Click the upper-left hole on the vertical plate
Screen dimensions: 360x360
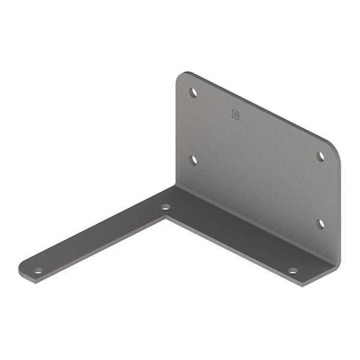pyautogui.click(x=193, y=92)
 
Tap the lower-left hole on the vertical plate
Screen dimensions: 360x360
pyautogui.click(x=192, y=158)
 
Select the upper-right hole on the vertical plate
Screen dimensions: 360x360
pyautogui.click(x=321, y=156)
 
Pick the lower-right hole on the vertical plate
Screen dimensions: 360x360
pyautogui.click(x=321, y=223)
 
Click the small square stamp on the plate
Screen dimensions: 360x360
pyautogui.click(x=234, y=114)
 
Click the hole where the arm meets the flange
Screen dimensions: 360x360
pyautogui.click(x=166, y=207)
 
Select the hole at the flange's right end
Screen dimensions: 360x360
pyautogui.click(x=292, y=271)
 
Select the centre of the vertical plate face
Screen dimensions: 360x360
pyautogui.click(x=256, y=160)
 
